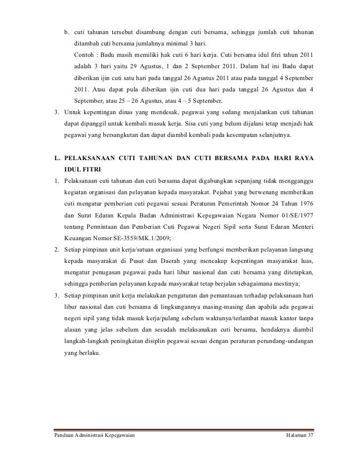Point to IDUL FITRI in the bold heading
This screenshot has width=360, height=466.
coord(83,169)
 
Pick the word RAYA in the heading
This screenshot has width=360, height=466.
coord(304,158)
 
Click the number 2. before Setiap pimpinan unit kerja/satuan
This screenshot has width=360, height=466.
coord(57,249)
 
